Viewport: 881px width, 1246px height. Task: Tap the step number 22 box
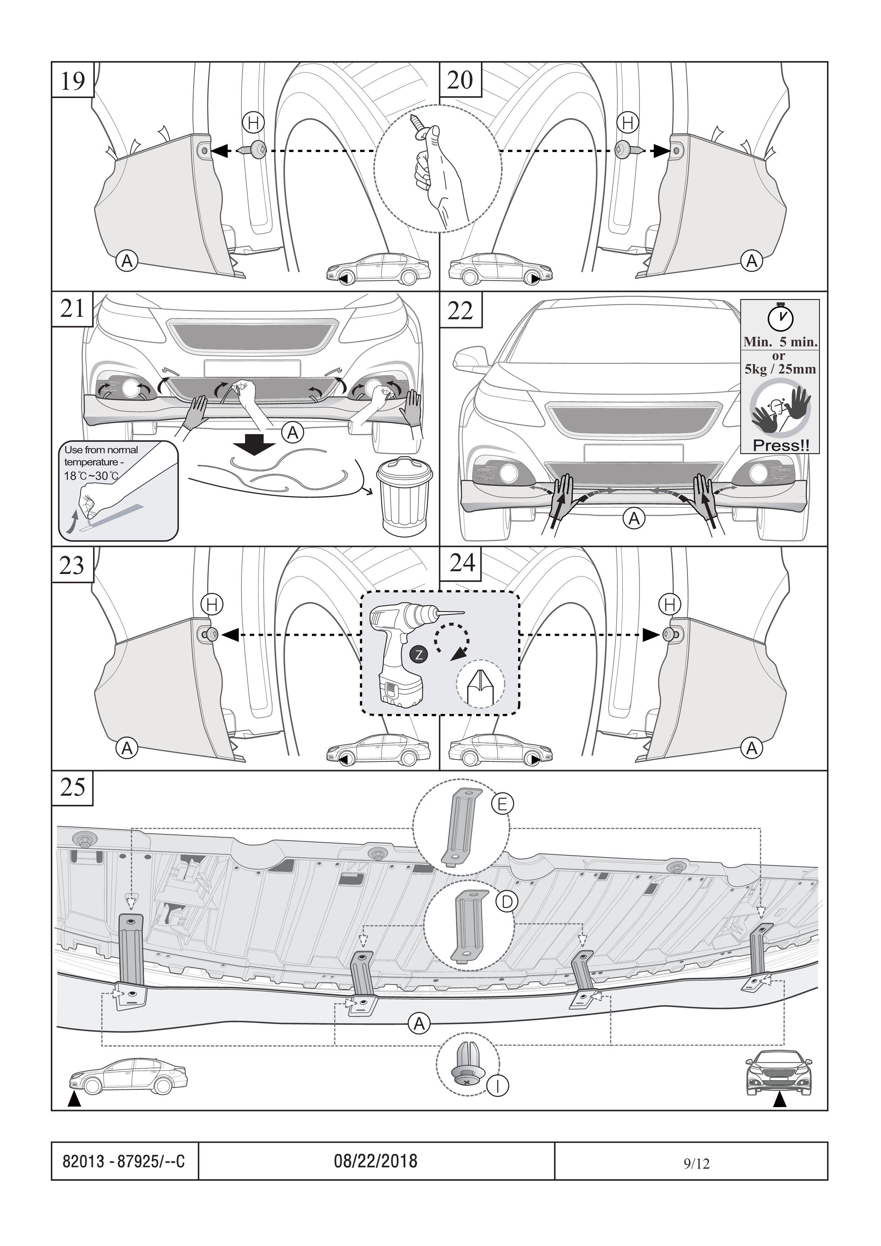(x=460, y=310)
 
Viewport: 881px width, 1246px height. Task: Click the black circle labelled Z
(x=418, y=655)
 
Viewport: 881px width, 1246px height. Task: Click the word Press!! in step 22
(x=780, y=446)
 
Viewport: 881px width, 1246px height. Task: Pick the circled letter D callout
(x=507, y=901)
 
